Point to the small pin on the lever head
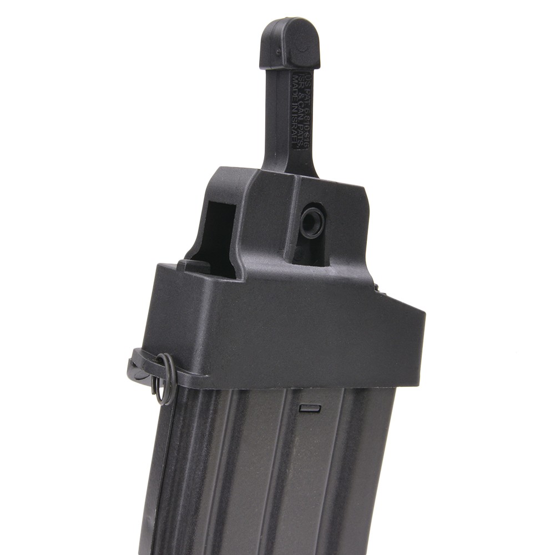[277, 53]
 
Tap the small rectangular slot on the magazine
[310, 408]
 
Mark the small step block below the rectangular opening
[194, 267]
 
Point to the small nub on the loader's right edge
[376, 287]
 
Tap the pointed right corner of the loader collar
[422, 316]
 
